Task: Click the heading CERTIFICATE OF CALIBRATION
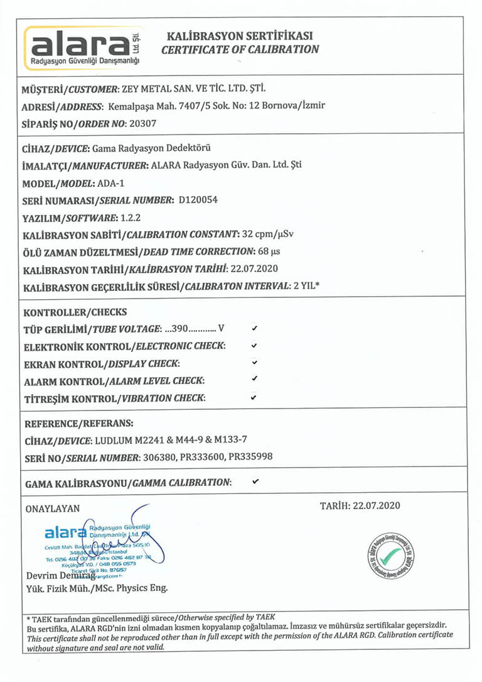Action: [240, 50]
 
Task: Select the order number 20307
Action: [142, 124]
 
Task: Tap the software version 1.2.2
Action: [130, 217]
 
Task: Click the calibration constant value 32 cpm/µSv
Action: [268, 234]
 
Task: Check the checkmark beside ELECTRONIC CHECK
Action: [254, 345]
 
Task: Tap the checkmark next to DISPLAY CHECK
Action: [254, 363]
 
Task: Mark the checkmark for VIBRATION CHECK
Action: [254, 397]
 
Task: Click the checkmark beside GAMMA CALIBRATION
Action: [255, 481]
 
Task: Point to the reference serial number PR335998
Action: [250, 457]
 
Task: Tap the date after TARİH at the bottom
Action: [377, 505]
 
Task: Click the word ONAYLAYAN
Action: [53, 509]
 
